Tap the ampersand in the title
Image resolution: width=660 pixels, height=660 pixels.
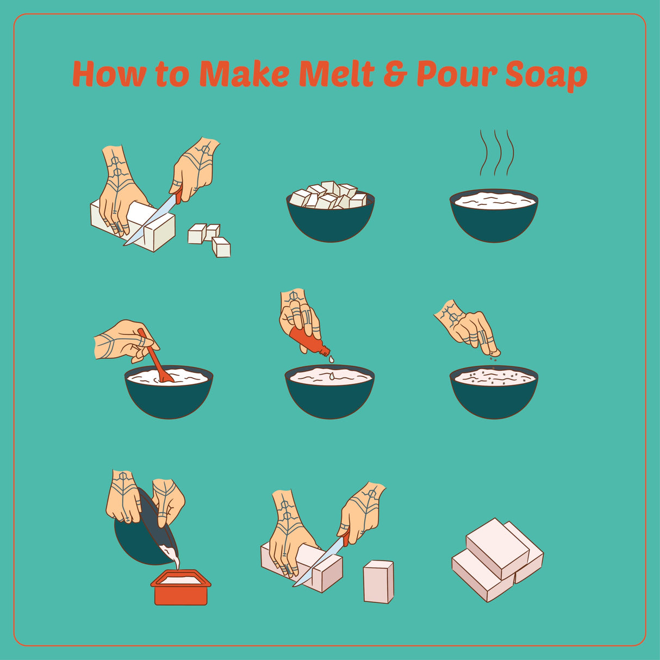pyautogui.click(x=396, y=74)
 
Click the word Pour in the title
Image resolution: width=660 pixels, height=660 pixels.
pyautogui.click(x=457, y=74)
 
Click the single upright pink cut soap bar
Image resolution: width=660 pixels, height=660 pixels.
pyautogui.click(x=378, y=581)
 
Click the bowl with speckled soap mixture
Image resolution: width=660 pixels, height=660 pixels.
pyautogui.click(x=494, y=391)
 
